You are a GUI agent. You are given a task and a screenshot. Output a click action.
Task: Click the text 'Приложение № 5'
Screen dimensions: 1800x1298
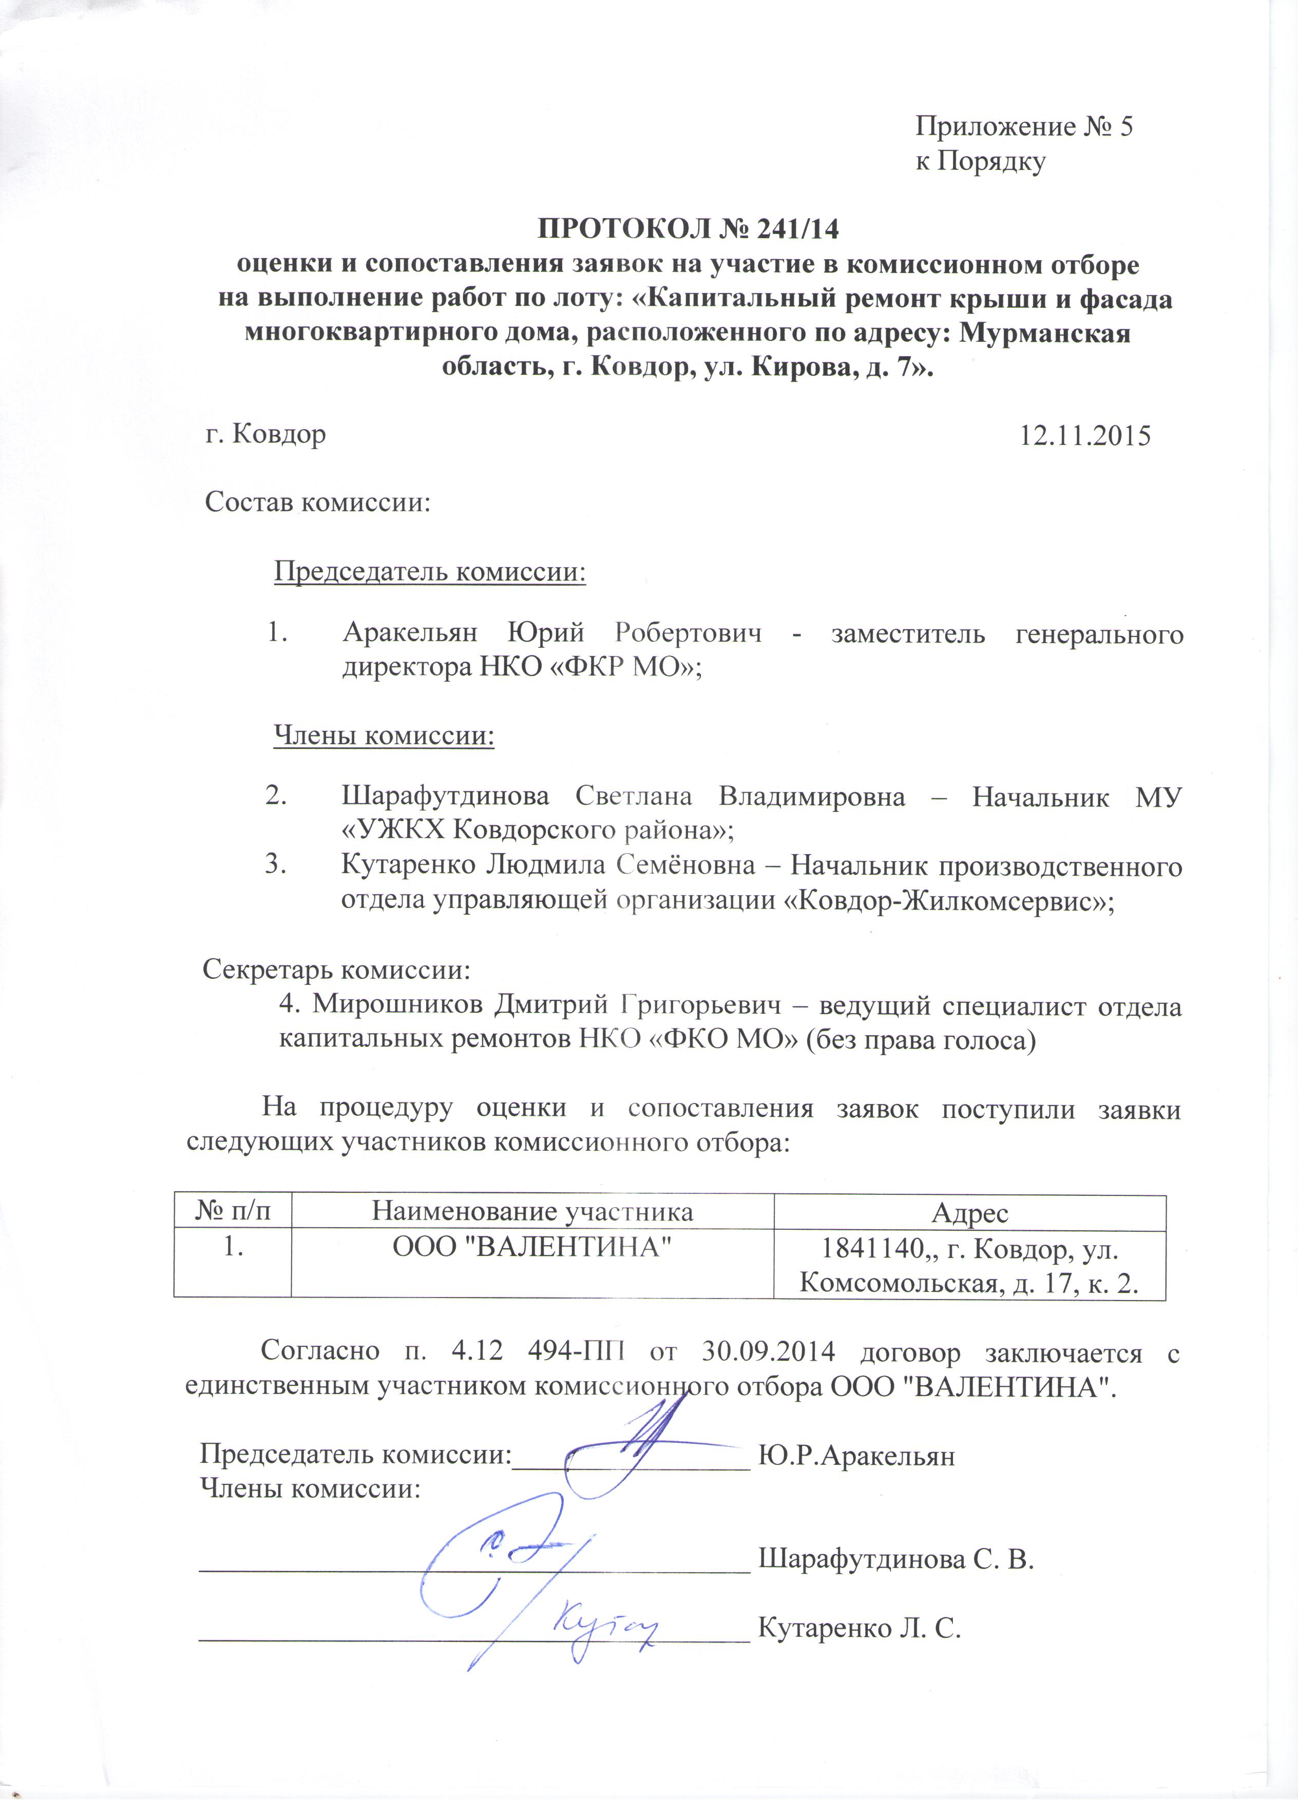tap(1024, 126)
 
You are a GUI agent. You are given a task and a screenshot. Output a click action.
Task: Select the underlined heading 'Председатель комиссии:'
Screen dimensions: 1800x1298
tap(429, 571)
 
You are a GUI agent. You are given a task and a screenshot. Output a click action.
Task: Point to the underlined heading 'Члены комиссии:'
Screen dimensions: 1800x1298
tap(384, 735)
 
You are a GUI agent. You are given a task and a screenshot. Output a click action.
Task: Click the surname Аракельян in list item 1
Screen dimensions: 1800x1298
tap(410, 633)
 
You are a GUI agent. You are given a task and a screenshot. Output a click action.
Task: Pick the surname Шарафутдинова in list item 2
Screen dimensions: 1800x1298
tap(445, 796)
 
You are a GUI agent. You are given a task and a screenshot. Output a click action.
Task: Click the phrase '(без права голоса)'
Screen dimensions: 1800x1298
tap(921, 1040)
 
